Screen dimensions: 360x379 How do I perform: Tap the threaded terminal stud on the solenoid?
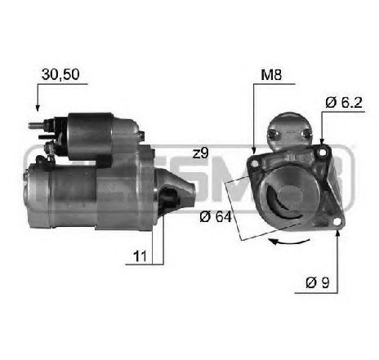(x=35, y=126)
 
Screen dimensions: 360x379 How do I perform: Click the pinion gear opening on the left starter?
(x=167, y=195)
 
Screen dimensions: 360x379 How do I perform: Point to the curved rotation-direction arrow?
(x=285, y=242)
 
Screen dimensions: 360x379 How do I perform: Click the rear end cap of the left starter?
(x=33, y=192)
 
